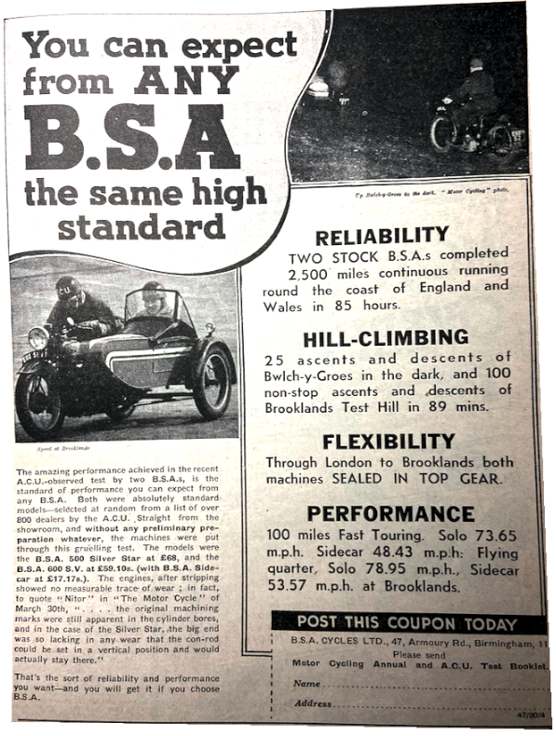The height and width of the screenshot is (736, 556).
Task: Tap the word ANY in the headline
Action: point(185,81)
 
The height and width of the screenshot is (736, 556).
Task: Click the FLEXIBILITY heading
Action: point(387,441)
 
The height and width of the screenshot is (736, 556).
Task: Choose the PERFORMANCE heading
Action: point(390,514)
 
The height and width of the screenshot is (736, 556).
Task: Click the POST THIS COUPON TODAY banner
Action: point(405,623)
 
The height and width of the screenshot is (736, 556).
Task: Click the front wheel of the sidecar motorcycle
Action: point(39,396)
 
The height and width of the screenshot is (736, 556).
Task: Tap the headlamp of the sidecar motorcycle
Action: point(38,337)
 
